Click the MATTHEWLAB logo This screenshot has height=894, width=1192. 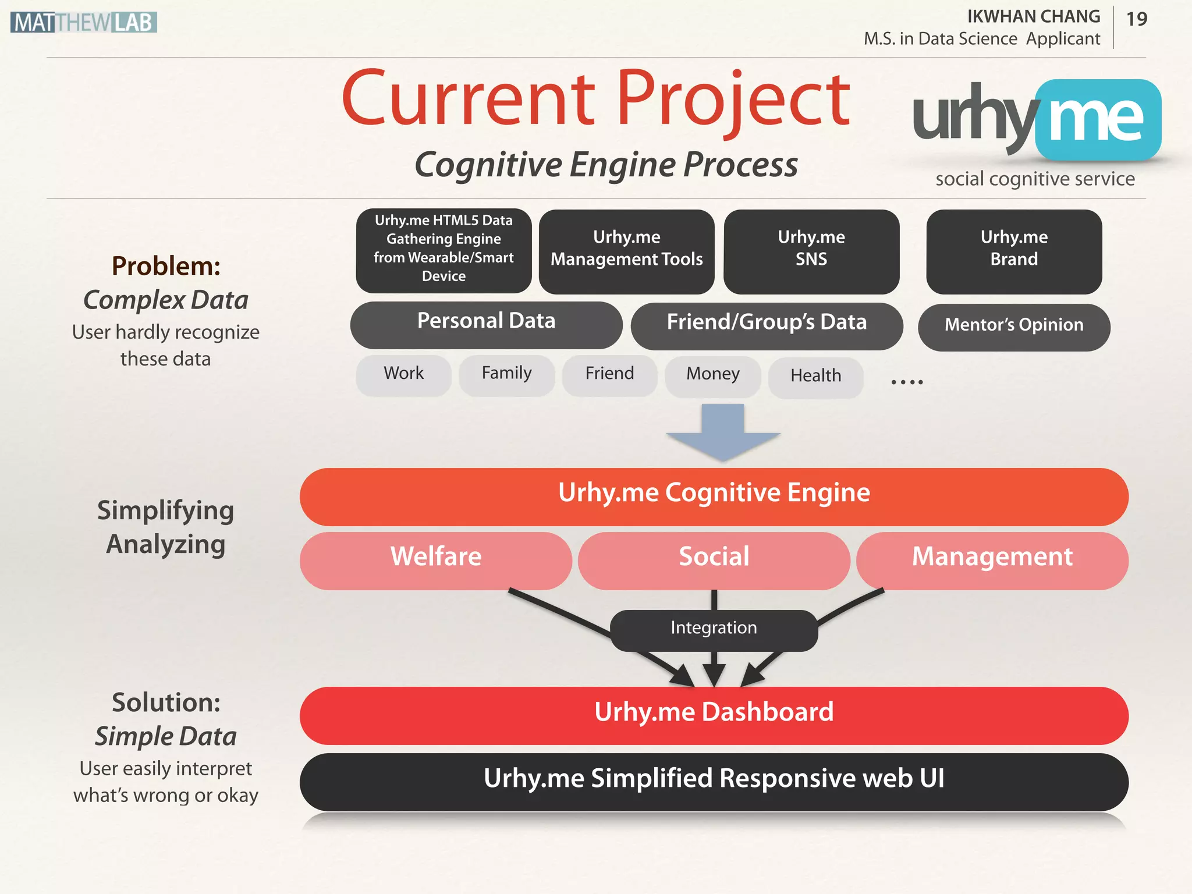pos(83,22)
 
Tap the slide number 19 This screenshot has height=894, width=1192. pos(1136,19)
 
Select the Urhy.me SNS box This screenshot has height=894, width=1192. pos(811,251)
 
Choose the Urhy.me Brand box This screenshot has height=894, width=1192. pos(1014,251)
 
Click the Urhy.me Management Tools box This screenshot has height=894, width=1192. pos(626,251)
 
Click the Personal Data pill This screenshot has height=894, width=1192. pos(486,324)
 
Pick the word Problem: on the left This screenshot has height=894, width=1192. pos(166,267)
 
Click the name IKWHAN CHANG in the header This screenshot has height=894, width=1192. pos(1033,17)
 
